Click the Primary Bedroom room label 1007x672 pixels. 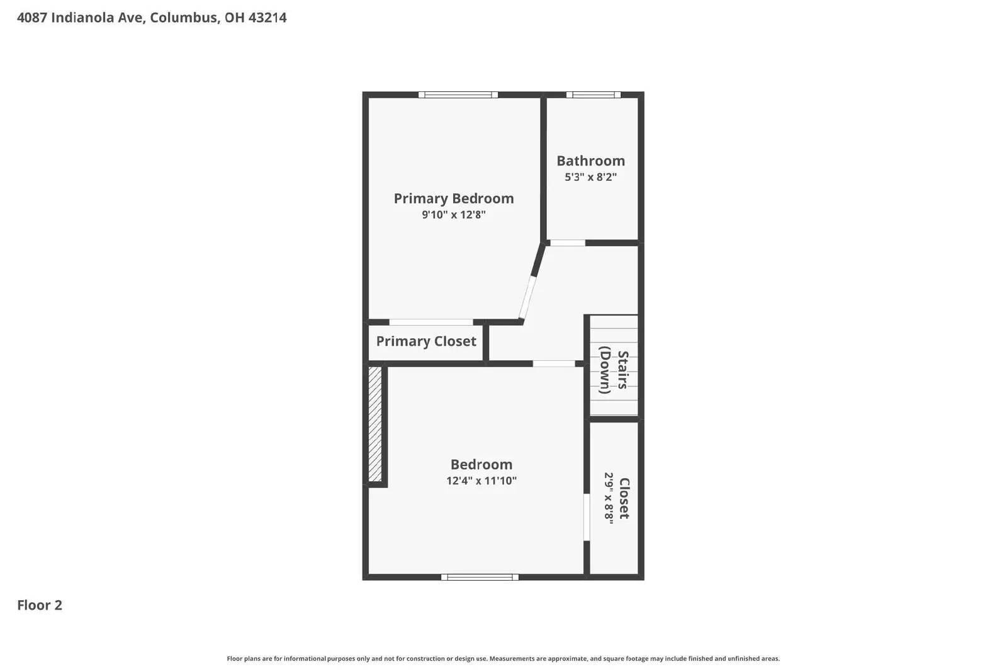coord(454,198)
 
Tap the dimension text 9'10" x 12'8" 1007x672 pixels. coord(454,215)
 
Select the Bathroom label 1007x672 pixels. coord(590,161)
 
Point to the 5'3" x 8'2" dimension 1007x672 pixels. coord(590,177)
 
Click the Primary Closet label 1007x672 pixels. coord(426,341)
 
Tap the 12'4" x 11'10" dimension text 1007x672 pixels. coord(481,481)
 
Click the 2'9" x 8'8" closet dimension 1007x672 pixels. coord(609,498)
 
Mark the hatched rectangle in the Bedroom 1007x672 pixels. coord(375,424)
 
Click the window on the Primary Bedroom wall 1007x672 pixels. coord(458,95)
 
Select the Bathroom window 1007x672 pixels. coord(593,95)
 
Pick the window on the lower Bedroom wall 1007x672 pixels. coord(480,577)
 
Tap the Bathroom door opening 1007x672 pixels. coord(568,243)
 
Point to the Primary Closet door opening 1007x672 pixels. coord(431,322)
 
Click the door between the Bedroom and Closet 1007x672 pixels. coord(587,517)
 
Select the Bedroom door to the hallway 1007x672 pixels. coord(554,363)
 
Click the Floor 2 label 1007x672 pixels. coord(40,605)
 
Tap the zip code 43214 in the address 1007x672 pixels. coord(267,18)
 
